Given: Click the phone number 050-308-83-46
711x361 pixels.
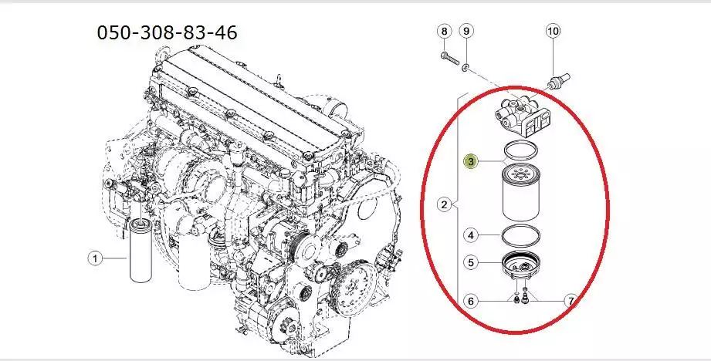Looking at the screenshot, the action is tap(167, 32).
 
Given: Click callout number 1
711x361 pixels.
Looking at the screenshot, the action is tap(95, 258).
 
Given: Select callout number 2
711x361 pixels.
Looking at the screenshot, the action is tap(445, 204).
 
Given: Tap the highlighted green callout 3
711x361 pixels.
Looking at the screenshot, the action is tap(471, 160).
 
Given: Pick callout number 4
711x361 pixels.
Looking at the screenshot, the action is tap(471, 235).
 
